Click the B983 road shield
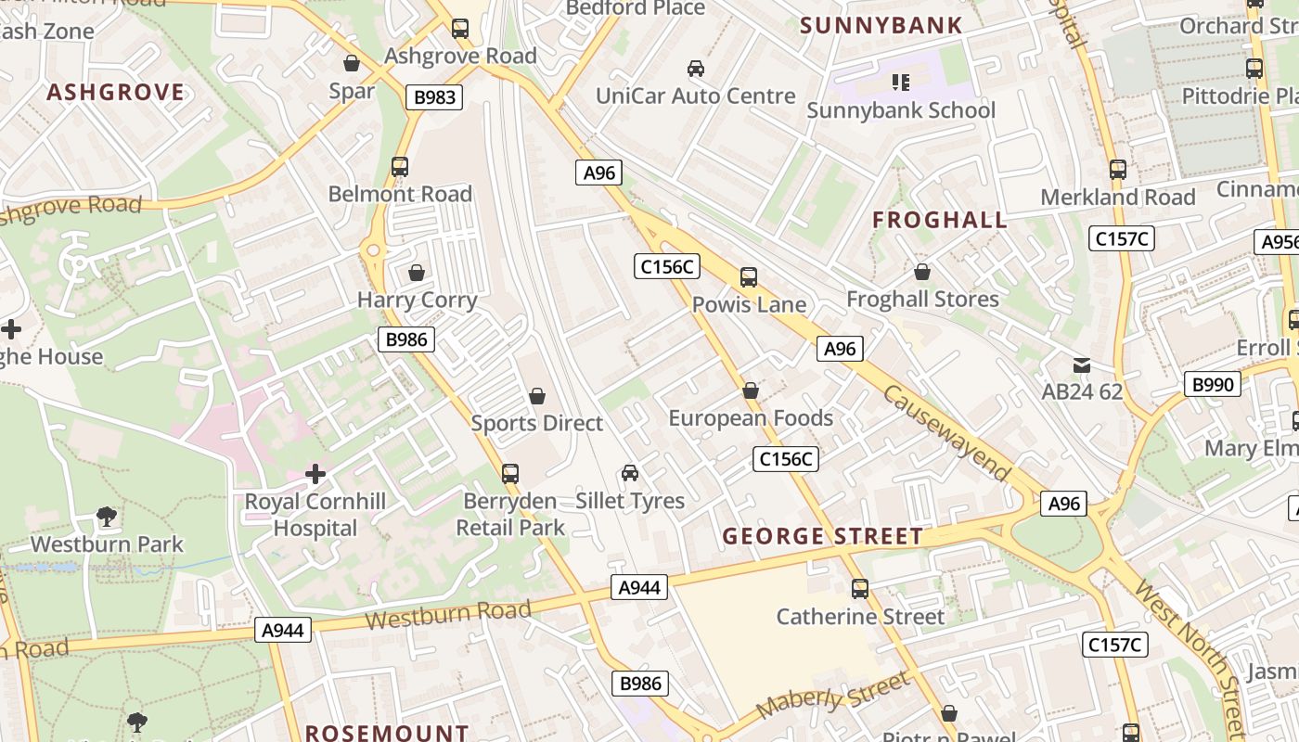click(x=433, y=96)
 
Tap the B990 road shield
click(x=1212, y=383)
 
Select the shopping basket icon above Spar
click(x=352, y=63)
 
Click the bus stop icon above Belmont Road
click(x=400, y=167)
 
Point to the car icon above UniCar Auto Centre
click(x=695, y=68)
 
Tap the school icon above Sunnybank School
click(x=900, y=83)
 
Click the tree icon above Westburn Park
click(x=107, y=517)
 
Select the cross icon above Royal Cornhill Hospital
click(x=315, y=474)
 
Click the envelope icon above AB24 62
click(x=1081, y=365)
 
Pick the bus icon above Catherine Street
click(x=860, y=589)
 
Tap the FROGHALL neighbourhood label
click(x=940, y=220)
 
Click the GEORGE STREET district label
click(x=823, y=536)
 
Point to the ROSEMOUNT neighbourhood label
click(x=387, y=733)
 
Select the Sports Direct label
click(x=536, y=423)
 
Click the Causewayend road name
click(x=946, y=433)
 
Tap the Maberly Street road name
click(x=833, y=696)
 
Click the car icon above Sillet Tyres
click(x=630, y=473)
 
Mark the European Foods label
click(x=751, y=418)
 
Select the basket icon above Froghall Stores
click(x=922, y=272)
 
